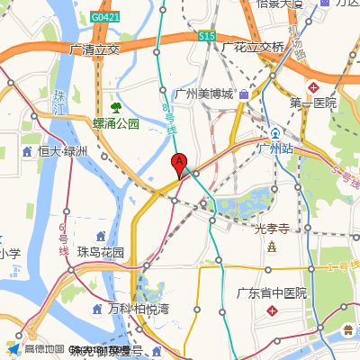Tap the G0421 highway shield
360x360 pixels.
tap(105, 17)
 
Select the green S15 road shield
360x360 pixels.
tap(207, 36)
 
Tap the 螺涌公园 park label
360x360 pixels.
tap(116, 123)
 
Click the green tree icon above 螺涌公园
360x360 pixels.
tap(115, 107)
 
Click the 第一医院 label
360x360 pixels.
tap(312, 103)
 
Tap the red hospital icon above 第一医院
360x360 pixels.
tap(314, 87)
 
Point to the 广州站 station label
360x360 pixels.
tap(276, 148)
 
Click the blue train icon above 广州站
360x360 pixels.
tap(275, 130)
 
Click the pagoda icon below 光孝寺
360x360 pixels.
tap(271, 247)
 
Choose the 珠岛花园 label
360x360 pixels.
tap(100, 252)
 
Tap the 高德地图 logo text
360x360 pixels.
tap(44, 349)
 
